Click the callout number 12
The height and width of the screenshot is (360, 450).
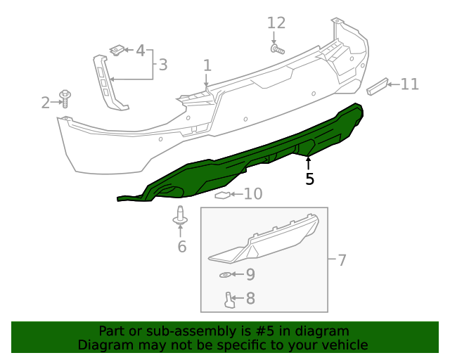(276, 23)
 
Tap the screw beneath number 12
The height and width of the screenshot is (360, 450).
(276, 49)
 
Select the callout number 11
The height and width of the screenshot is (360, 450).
(409, 85)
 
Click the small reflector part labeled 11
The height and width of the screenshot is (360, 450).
(378, 86)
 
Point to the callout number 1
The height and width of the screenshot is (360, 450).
(207, 65)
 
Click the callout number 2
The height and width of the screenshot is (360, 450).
(46, 103)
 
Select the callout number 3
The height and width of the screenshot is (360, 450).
(162, 65)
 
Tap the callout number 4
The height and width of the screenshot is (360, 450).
(140, 51)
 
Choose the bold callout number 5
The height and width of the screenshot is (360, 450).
(309, 179)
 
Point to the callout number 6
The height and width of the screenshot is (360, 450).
(181, 246)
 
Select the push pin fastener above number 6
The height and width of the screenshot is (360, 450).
(181, 217)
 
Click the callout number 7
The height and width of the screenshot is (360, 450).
(342, 261)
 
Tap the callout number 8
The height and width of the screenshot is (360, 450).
(250, 299)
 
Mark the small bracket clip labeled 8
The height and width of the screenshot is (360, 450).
(229, 300)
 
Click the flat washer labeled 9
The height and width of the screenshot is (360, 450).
(225, 274)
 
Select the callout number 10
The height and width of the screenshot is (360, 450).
(252, 194)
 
